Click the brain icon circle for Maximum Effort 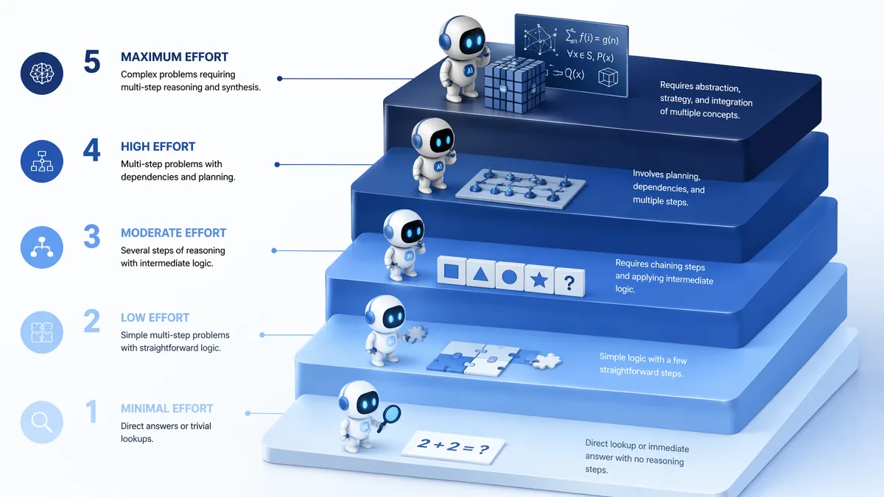(x=42, y=74)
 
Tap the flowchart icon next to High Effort (x=42, y=161)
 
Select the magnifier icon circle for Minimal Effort (x=42, y=422)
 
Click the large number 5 (x=92, y=62)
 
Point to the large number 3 (x=92, y=236)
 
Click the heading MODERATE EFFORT (x=173, y=233)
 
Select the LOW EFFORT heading (x=155, y=317)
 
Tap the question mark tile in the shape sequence (x=569, y=282)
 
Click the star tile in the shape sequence (x=539, y=280)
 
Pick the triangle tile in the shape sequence (x=480, y=273)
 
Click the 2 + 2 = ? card (x=454, y=447)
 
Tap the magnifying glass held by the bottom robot (x=390, y=417)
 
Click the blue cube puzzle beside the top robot (x=514, y=84)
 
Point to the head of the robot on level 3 (x=404, y=229)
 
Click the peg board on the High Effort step (x=521, y=188)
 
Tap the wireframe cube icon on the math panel (x=608, y=77)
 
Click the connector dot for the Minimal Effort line (x=248, y=413)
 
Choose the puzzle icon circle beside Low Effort (x=42, y=332)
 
